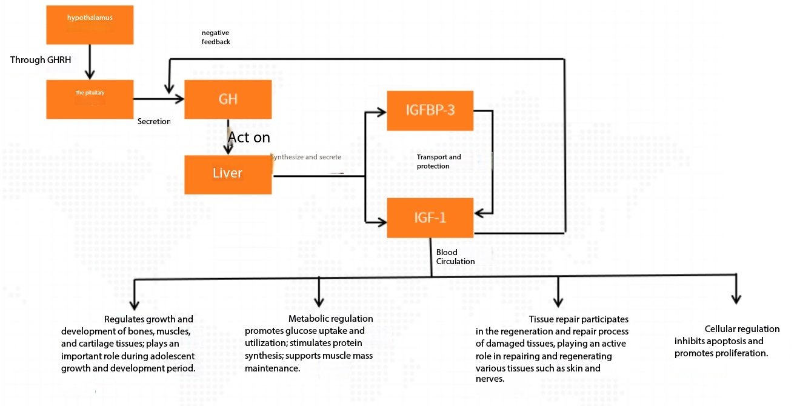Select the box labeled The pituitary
[x=89, y=99]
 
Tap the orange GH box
[x=227, y=99]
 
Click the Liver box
[x=227, y=175]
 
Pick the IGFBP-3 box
[x=430, y=111]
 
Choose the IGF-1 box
[x=430, y=218]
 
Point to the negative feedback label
[x=216, y=37]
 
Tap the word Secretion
[x=154, y=121]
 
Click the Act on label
[x=248, y=138]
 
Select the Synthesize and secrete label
[x=305, y=157]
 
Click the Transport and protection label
[x=438, y=161]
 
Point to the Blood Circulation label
[x=455, y=256]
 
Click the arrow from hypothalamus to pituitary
[x=89, y=64]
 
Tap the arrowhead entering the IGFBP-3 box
[x=382, y=111]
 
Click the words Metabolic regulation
[x=330, y=319]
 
